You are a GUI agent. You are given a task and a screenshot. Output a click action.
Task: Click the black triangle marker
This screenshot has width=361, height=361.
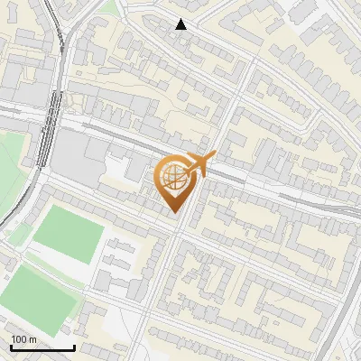point(181,24)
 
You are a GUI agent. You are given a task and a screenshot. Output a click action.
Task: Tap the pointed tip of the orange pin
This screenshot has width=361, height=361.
point(174,212)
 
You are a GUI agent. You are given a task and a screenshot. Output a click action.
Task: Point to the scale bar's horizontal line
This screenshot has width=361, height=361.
point(42,347)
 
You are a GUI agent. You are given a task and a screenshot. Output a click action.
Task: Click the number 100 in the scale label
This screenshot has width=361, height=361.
point(19,339)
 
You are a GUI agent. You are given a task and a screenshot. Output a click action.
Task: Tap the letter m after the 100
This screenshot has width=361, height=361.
point(32,339)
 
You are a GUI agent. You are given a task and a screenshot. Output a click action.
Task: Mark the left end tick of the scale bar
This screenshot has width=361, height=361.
point(10,346)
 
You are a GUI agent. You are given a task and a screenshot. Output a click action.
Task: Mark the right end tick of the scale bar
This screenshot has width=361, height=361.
point(74,346)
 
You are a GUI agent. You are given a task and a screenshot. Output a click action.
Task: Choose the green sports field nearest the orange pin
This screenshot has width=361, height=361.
point(69,233)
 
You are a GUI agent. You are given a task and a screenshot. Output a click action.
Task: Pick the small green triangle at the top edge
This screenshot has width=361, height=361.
point(110,7)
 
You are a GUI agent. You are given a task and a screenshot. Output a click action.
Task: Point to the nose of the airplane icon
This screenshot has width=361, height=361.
point(213,156)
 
